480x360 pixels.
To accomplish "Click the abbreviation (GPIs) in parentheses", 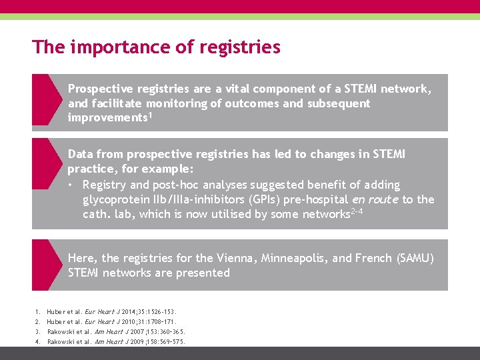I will click(264, 199).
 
